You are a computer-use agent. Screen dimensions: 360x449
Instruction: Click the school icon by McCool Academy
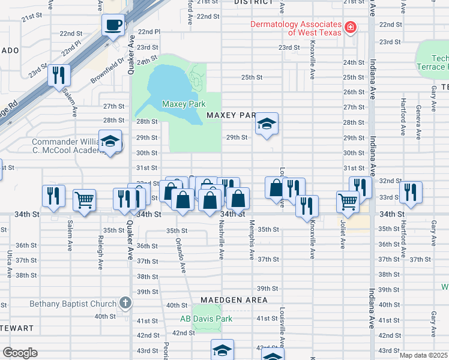pyautogui.click(x=110, y=142)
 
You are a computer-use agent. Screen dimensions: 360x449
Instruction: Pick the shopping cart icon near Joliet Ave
pyautogui.click(x=348, y=202)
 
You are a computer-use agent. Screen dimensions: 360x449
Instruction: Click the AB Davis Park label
pyautogui.click(x=206, y=319)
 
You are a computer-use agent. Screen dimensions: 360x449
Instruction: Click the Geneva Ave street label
pyautogui.click(x=418, y=119)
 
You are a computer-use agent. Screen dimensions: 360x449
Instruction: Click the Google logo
pyautogui.click(x=20, y=353)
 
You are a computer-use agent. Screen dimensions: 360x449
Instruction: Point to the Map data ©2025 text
pyautogui.click(x=423, y=355)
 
